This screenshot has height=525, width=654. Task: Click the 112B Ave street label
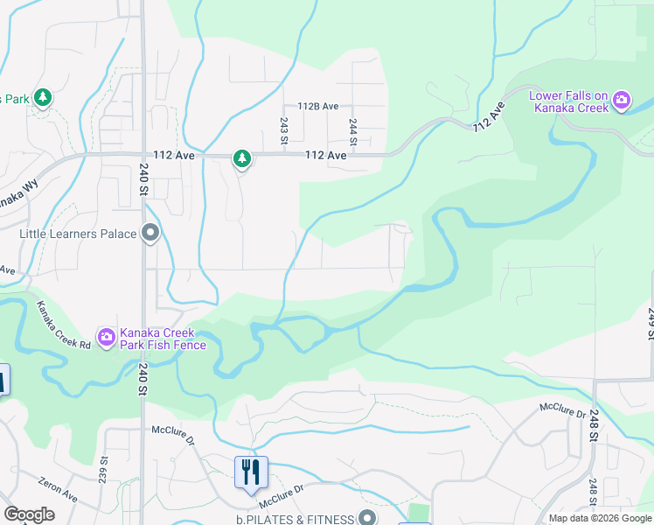pos(317,106)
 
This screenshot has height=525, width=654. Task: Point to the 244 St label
pos(353,131)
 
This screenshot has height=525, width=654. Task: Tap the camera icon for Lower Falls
pos(622,101)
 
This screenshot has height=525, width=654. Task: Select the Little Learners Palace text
pos(79,234)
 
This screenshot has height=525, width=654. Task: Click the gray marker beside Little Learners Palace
pos(150,234)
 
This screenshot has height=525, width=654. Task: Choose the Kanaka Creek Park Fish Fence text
pos(164,339)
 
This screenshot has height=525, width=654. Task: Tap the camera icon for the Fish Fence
pos(107,337)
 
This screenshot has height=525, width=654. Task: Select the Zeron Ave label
pos(59,489)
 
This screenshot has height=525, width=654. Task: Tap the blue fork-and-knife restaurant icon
pos(251,472)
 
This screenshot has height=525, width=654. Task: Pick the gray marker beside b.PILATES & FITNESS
pos(367,519)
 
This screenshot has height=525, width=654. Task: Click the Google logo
pos(29,514)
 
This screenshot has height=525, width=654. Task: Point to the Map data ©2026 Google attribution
pos(600,518)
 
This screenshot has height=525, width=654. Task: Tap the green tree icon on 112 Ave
pos(241,158)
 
